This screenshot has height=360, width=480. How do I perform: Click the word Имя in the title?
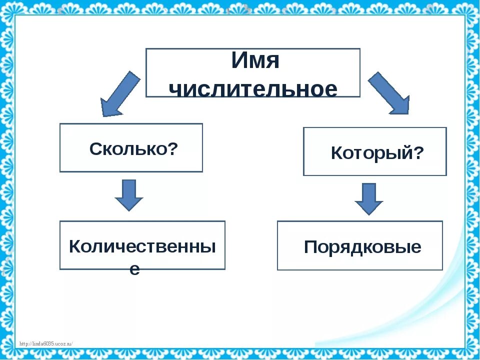pos(255,61)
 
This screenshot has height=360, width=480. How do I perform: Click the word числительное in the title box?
pos(253,89)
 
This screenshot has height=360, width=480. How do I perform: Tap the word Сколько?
pos(133,148)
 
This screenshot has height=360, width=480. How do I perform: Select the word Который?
pos(377,153)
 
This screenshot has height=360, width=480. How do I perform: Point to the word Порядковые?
pos(362,247)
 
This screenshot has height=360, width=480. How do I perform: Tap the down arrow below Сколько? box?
pos(129,195)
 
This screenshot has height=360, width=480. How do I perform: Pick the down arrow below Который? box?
pos(369,198)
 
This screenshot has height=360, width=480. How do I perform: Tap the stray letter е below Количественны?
pos(135,269)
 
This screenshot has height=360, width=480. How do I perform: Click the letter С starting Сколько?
pos(95,148)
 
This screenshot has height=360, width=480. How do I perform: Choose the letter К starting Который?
pos(337,153)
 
